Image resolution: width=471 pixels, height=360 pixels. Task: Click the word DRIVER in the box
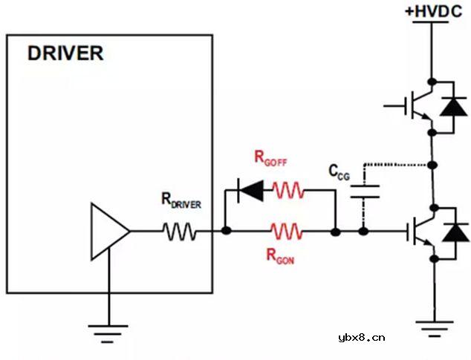tap(65, 54)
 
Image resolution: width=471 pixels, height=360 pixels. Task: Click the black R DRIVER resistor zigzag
tap(181, 232)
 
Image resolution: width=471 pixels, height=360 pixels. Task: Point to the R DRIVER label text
tap(181, 200)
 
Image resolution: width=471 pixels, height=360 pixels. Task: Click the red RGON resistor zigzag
tap(287, 232)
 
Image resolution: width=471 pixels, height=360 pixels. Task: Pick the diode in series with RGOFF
tap(251, 192)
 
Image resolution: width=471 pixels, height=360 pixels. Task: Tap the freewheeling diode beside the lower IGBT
tap(452, 232)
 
